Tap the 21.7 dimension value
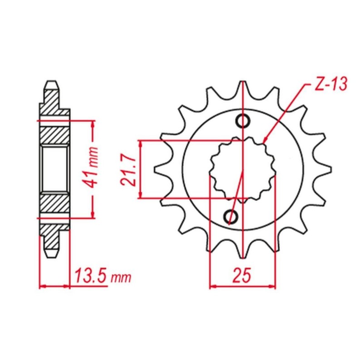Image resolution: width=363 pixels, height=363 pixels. pos(129,170)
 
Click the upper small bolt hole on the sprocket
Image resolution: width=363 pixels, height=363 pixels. pos(243,121)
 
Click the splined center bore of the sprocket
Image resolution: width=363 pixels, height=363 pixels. pos(243,169)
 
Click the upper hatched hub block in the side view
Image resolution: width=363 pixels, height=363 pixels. pos(54,136)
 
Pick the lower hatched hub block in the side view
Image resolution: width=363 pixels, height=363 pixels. pos(54,203)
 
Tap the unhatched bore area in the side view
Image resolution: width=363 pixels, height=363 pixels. pos(55,169)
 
